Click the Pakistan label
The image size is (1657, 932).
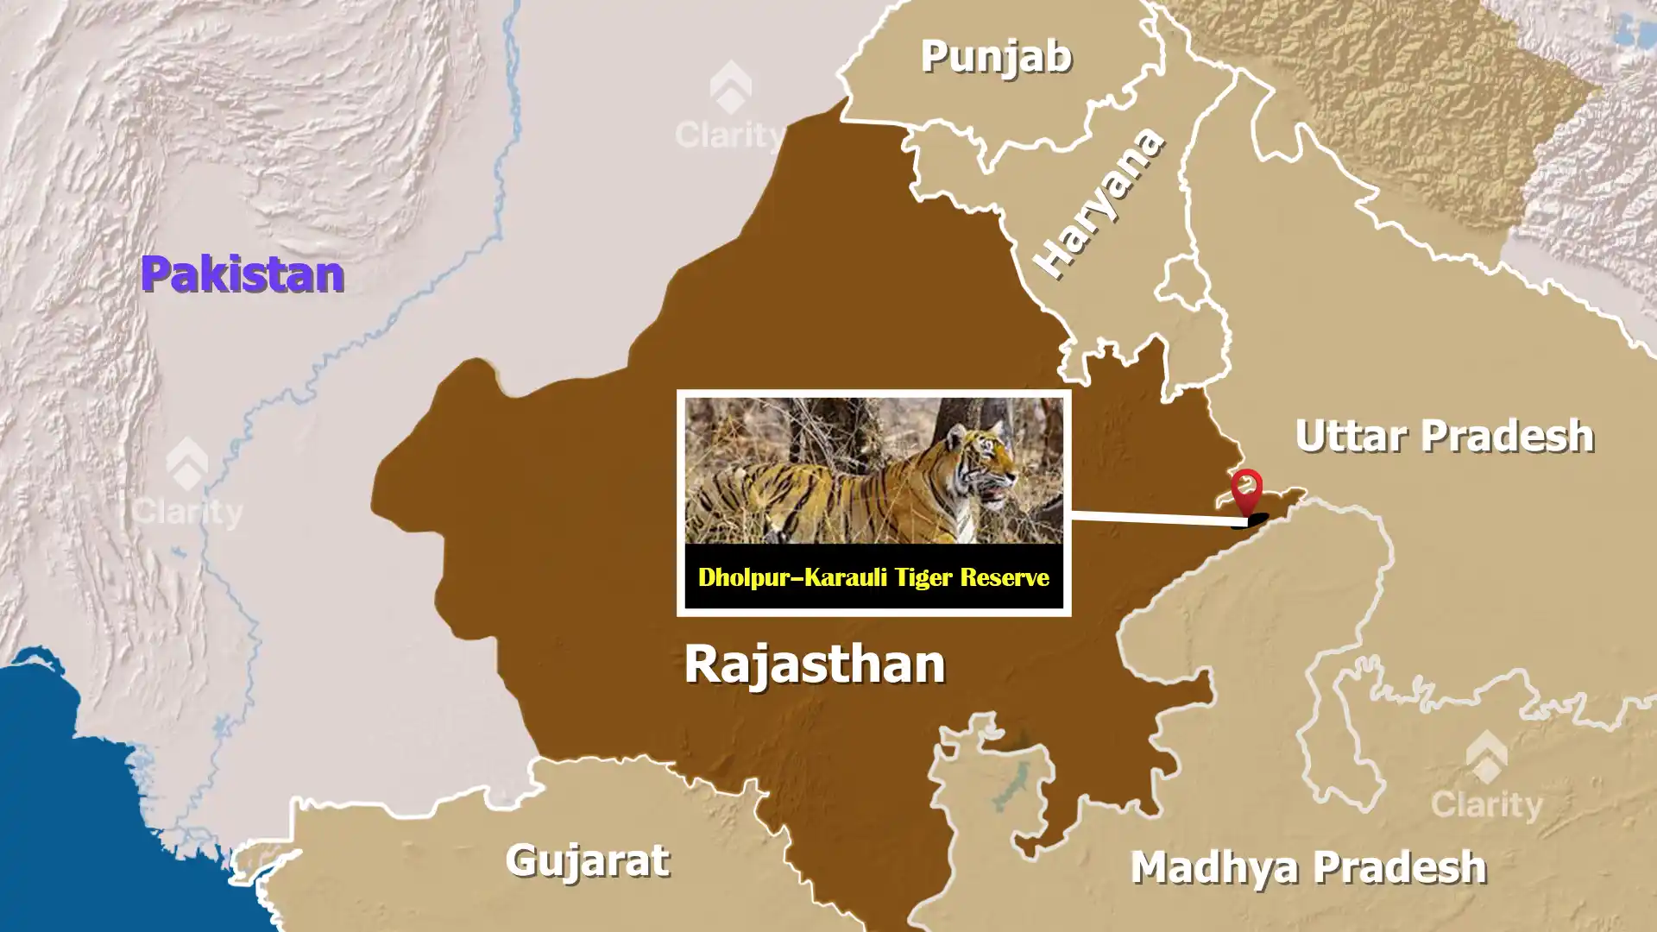click(243, 274)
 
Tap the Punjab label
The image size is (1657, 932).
click(996, 57)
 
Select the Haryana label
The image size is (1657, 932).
click(1099, 205)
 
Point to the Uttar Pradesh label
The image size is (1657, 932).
click(1444, 436)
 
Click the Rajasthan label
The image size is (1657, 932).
click(814, 664)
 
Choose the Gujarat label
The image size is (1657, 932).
click(587, 860)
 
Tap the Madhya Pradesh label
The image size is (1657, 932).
click(1308, 867)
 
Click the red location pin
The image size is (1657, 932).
click(1246, 488)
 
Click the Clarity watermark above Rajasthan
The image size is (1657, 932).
click(730, 107)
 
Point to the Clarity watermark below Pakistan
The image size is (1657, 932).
click(186, 483)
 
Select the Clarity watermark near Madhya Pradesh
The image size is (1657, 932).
click(1485, 777)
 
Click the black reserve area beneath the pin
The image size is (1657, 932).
click(1257, 520)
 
